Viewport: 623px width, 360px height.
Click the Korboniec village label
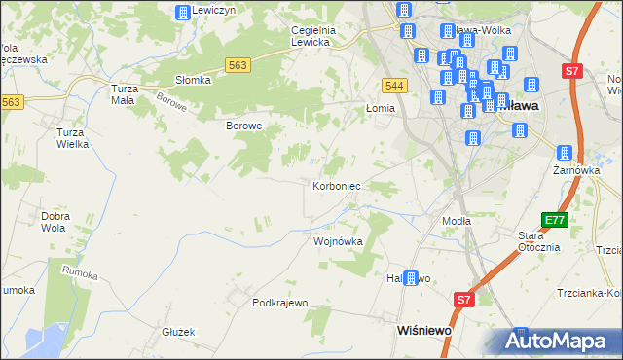click(x=337, y=185)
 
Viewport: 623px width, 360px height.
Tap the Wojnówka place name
click(x=337, y=241)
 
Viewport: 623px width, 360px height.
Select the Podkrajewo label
click(x=279, y=303)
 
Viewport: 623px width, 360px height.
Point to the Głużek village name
click(x=179, y=331)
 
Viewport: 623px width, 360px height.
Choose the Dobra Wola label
click(x=54, y=222)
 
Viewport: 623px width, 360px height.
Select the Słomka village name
click(x=193, y=80)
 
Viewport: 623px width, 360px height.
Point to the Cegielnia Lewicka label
click(x=313, y=36)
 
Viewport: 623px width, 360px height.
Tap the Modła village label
click(x=457, y=221)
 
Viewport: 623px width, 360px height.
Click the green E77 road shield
click(x=555, y=220)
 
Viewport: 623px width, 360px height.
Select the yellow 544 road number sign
click(x=393, y=86)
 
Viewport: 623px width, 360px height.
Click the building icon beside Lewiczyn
click(x=182, y=12)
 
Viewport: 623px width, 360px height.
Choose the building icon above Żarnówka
click(x=565, y=152)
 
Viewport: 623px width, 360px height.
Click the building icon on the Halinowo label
click(x=411, y=278)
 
